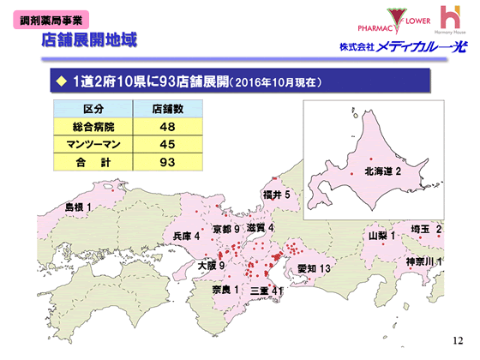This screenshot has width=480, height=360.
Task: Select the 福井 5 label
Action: pos(280,195)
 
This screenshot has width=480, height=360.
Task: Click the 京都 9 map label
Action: pos(225,229)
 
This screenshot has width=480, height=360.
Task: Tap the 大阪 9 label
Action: pos(209,266)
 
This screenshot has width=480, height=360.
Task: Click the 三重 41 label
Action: pos(266,291)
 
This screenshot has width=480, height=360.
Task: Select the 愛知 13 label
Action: pos(314,268)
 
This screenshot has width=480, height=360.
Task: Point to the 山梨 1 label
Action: pos(381,235)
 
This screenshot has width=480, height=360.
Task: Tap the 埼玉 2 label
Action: pos(425,229)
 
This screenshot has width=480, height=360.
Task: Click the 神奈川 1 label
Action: pos(424,261)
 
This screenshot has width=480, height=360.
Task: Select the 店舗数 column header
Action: pos(169,110)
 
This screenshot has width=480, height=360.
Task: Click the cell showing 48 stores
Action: pos(169,127)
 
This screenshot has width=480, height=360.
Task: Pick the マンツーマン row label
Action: pos(93,144)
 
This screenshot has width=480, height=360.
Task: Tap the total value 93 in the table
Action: pos(169,161)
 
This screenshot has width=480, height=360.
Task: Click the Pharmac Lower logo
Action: pos(369,20)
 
